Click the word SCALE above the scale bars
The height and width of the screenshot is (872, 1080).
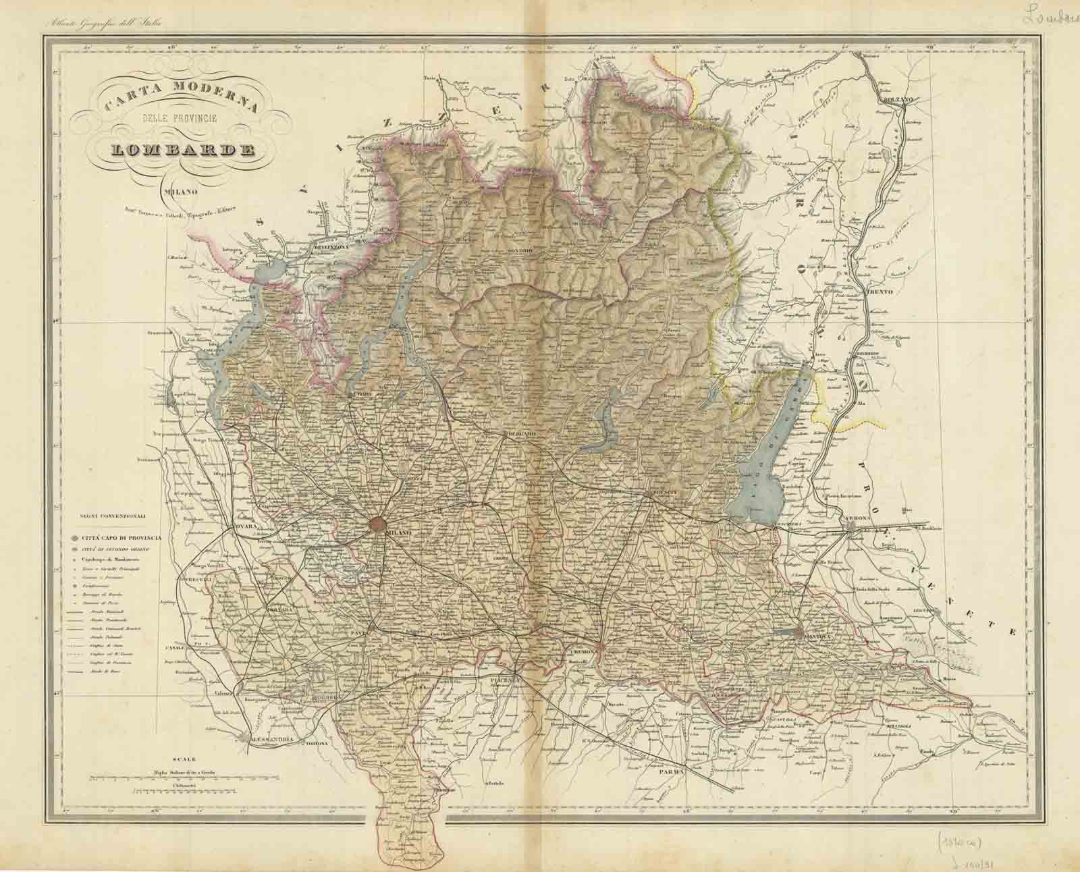coord(183,759)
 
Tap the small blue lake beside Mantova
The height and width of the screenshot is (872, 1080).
coord(786,632)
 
